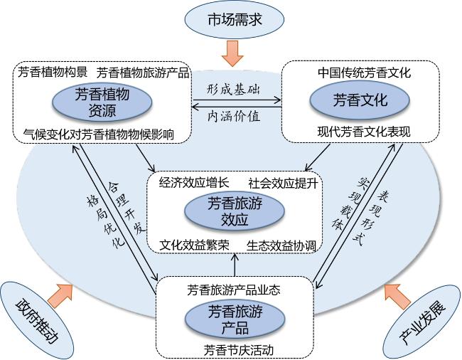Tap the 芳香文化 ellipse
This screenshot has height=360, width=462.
tap(360, 100)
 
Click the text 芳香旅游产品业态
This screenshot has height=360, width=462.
tap(234, 290)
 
